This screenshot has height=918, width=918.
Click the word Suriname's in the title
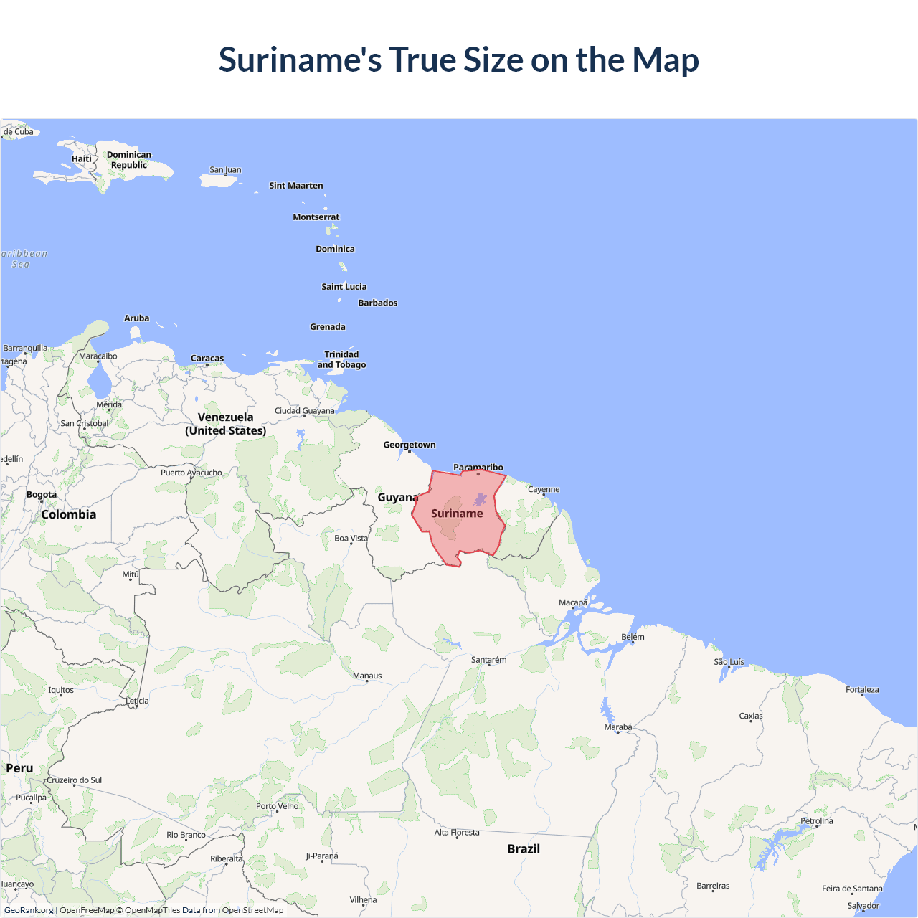(300, 60)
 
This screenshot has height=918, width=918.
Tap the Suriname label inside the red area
(457, 514)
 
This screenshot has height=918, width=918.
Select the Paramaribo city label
(478, 468)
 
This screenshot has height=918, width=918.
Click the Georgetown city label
(409, 445)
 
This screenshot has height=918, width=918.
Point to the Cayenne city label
(544, 490)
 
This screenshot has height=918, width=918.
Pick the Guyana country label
(398, 497)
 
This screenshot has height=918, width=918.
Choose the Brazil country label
(524, 848)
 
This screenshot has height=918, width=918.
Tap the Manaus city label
(367, 676)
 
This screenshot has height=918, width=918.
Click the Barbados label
(378, 303)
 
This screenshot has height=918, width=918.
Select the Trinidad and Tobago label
(341, 359)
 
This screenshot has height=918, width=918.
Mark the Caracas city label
(207, 359)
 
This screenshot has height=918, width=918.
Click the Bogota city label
(42, 495)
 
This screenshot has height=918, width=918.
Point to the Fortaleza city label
(862, 690)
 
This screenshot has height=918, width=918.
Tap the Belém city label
(633, 637)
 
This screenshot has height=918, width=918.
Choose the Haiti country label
(82, 158)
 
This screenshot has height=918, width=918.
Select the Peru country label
(19, 768)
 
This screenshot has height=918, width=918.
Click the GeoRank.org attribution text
(29, 910)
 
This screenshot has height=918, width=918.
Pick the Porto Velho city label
(277, 806)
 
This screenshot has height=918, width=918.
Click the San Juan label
(225, 170)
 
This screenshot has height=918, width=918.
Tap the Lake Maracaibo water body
(98, 380)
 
